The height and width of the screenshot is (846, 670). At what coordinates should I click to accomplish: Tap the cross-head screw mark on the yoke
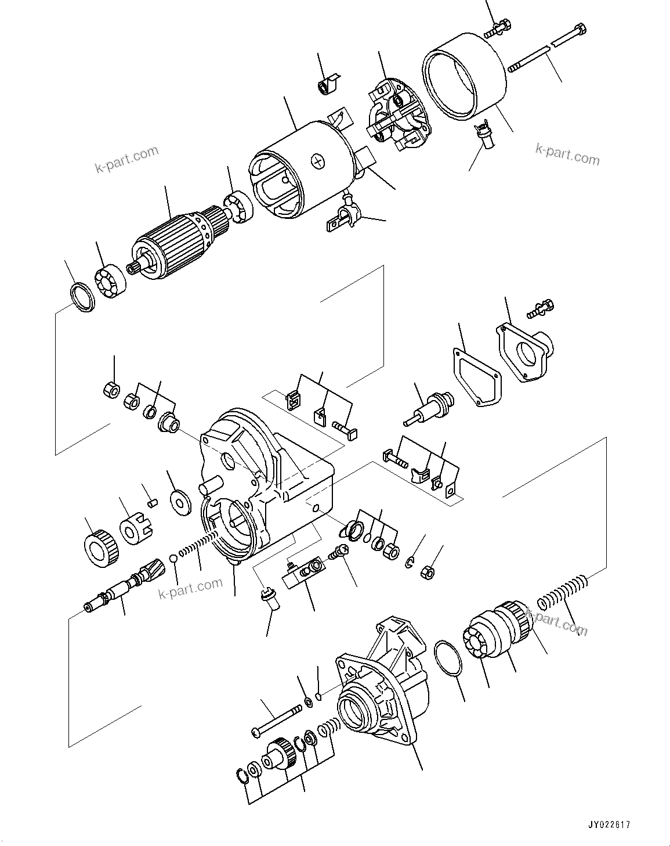(318, 160)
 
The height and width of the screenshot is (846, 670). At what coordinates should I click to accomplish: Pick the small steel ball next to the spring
(173, 559)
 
